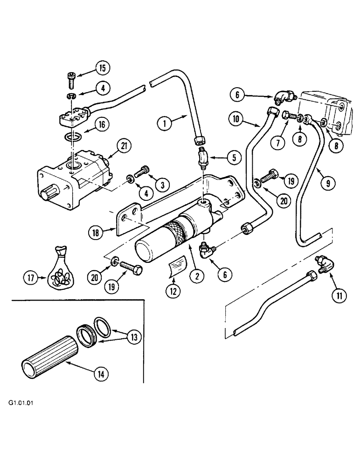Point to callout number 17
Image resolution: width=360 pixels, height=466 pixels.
30,278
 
